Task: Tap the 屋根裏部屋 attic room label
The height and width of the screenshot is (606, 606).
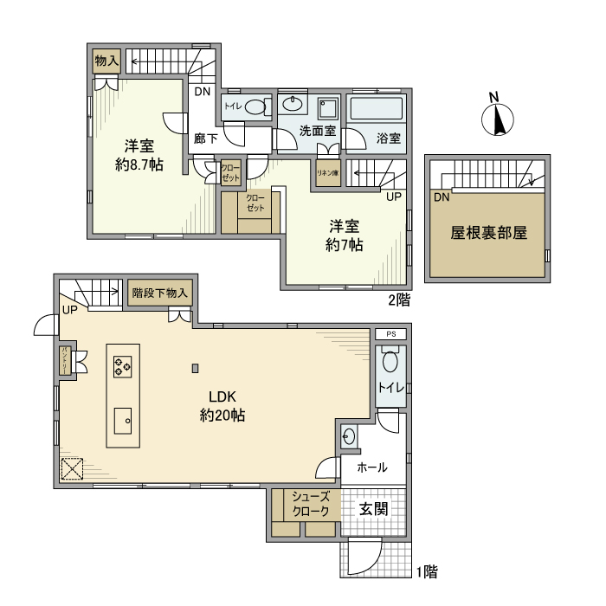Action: click(x=488, y=233)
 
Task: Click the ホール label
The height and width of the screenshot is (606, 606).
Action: click(x=371, y=467)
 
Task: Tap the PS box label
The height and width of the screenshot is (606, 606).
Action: click(x=390, y=333)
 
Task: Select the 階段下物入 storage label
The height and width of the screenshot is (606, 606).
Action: click(x=159, y=293)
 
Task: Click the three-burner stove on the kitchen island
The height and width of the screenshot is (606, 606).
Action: click(x=122, y=367)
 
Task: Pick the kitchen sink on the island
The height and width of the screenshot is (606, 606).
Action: click(x=122, y=422)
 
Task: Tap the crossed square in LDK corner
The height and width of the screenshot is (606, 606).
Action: click(x=71, y=469)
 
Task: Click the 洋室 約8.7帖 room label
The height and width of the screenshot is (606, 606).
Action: click(x=139, y=155)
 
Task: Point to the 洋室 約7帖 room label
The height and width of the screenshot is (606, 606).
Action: click(x=345, y=235)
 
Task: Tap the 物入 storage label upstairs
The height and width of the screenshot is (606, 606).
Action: click(x=106, y=61)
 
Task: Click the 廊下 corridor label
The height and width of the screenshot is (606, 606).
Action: click(x=205, y=138)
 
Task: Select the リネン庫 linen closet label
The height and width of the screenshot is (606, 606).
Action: click(x=327, y=172)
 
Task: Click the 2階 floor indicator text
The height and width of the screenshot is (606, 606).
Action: click(x=398, y=300)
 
